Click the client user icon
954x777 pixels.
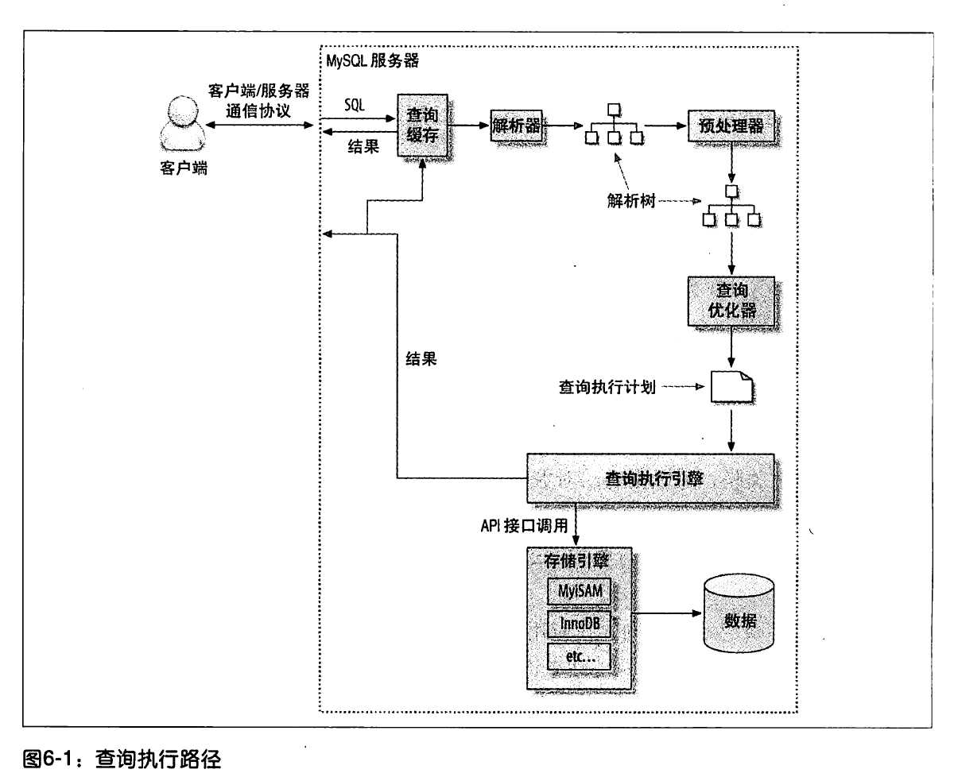[177, 123]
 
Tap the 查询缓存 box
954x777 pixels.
[423, 125]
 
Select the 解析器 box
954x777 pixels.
[516, 126]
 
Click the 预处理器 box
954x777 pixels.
[731, 126]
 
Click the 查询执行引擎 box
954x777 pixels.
[650, 478]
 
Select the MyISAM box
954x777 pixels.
[578, 591]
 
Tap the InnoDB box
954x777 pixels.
[578, 624]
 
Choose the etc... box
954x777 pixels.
[578, 656]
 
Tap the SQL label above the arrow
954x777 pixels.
[355, 104]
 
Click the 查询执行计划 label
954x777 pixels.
[607, 389]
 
